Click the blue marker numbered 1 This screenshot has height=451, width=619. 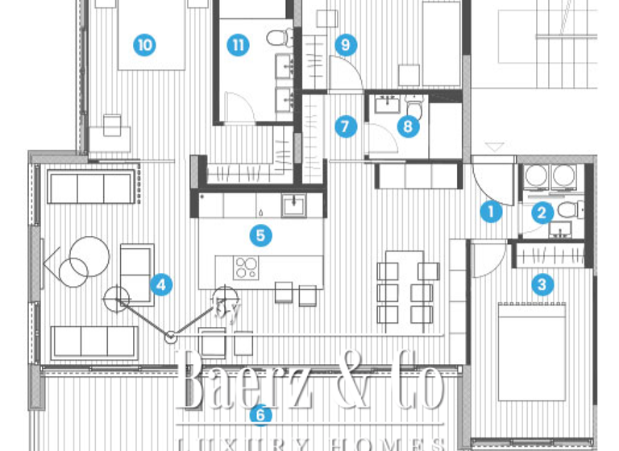click(488, 212)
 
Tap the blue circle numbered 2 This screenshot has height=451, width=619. click(542, 213)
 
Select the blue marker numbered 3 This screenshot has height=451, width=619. click(542, 283)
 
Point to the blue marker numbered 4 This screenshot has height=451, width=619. click(161, 283)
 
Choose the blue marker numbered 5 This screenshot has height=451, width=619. click(260, 235)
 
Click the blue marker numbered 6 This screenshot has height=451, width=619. click(260, 416)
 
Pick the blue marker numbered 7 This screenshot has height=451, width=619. click(346, 126)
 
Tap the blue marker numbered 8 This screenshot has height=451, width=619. click(409, 126)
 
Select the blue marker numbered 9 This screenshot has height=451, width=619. click(346, 45)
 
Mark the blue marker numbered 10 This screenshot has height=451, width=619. click(145, 45)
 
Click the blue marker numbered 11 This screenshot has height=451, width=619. click(237, 45)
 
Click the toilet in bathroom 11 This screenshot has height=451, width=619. click(276, 37)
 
